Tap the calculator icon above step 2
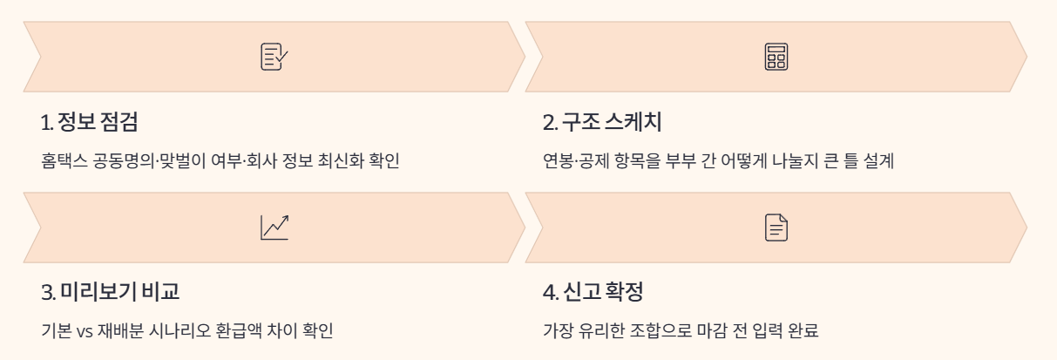pyautogui.click(x=776, y=57)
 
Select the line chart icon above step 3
pyautogui.click(x=274, y=228)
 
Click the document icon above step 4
pyautogui.click(x=776, y=228)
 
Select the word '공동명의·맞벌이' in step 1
pyautogui.click(x=134, y=161)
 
